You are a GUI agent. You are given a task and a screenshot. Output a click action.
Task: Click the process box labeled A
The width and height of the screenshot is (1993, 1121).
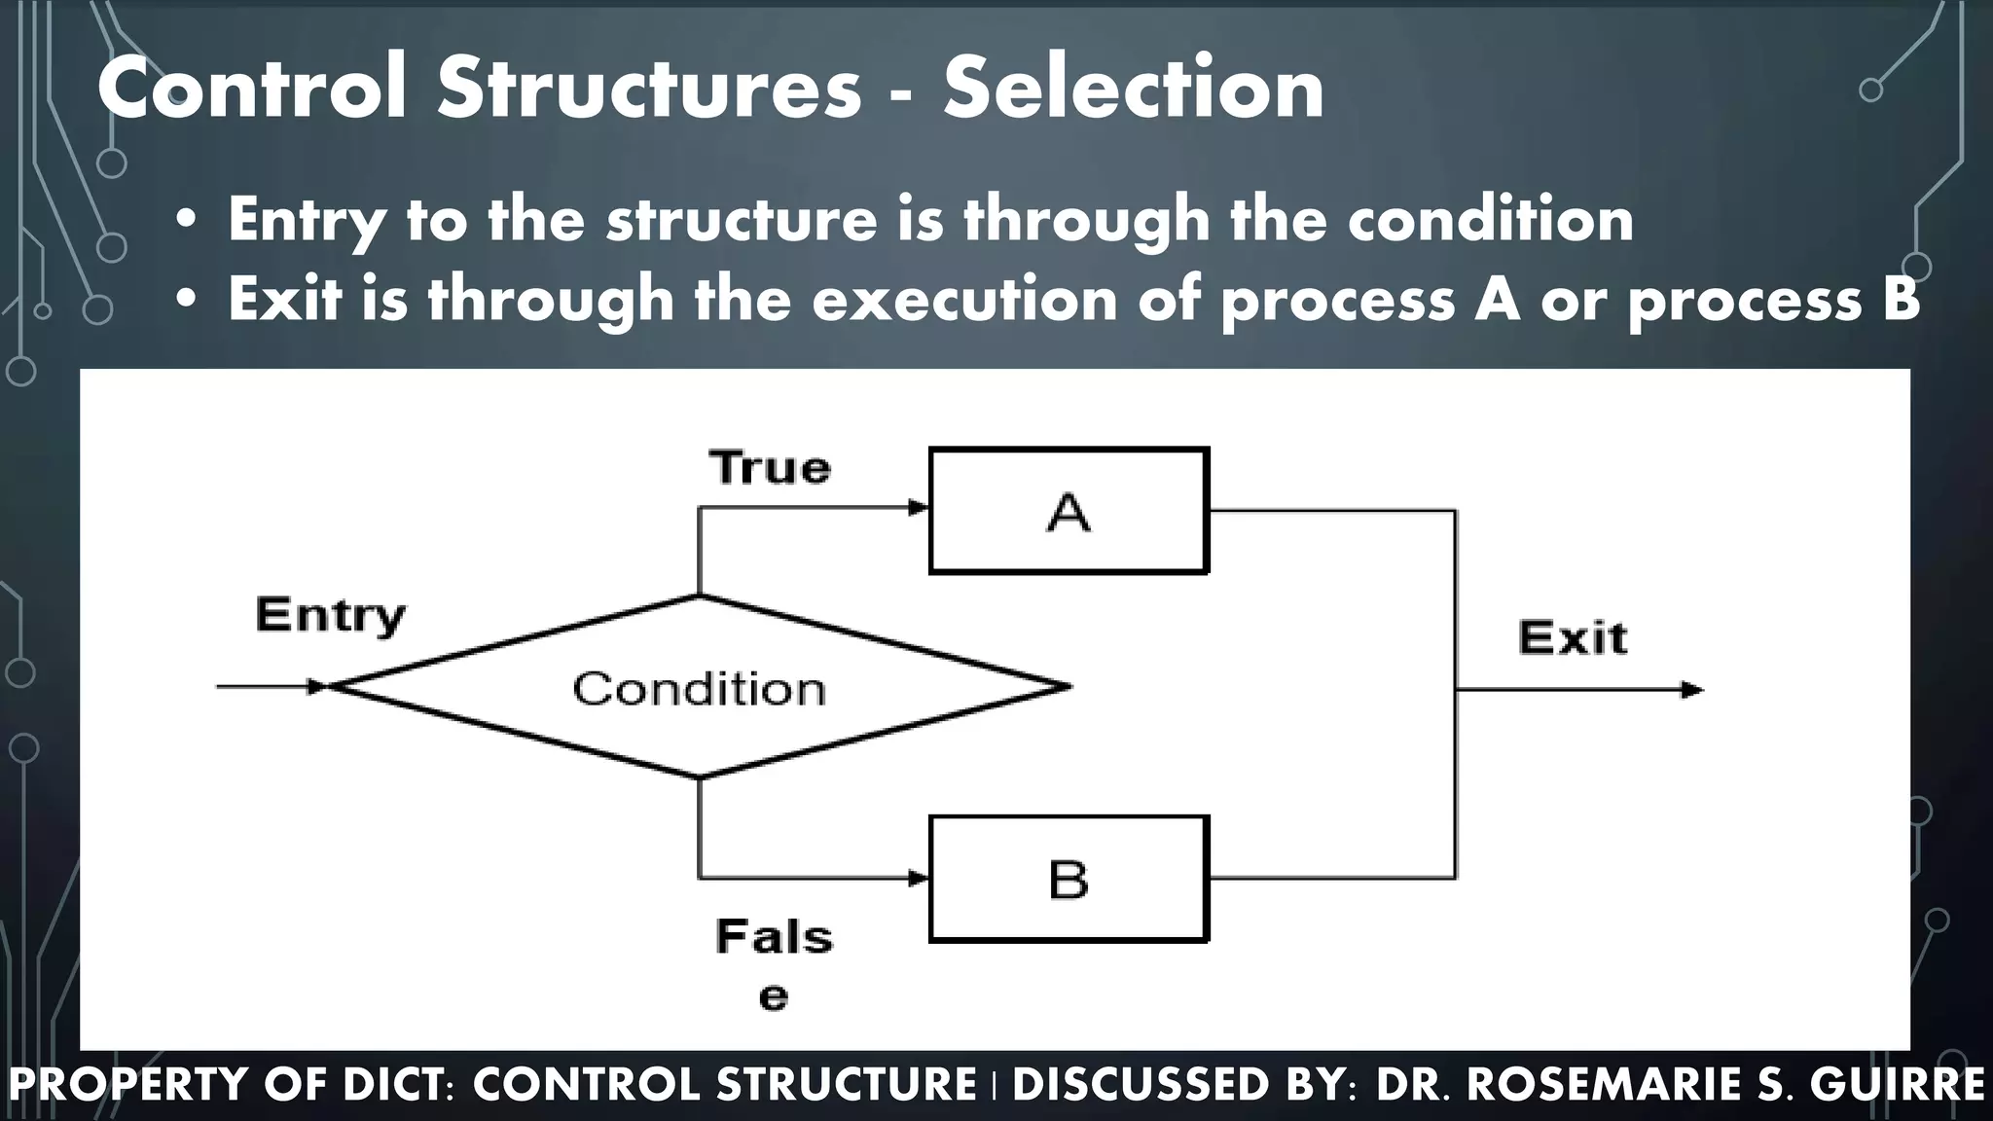click(1069, 511)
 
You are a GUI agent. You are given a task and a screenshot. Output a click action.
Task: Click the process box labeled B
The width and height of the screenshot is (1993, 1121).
click(1069, 879)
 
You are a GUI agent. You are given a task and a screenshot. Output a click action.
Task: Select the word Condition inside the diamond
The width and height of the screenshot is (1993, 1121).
click(699, 689)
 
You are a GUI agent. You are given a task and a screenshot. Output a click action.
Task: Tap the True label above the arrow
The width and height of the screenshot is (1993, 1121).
click(770, 468)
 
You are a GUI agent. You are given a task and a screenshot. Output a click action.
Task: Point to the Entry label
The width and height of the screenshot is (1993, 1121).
click(330, 615)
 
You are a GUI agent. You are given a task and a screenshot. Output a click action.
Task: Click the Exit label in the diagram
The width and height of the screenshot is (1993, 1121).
click(1572, 638)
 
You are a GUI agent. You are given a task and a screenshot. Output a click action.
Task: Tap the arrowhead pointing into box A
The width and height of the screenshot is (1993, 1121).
click(918, 508)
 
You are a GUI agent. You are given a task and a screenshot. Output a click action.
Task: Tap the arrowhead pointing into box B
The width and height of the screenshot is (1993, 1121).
click(918, 879)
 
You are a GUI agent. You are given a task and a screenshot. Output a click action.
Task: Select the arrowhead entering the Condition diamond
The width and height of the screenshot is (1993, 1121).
click(317, 687)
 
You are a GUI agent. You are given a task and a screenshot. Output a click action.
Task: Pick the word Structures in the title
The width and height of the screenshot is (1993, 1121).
click(649, 89)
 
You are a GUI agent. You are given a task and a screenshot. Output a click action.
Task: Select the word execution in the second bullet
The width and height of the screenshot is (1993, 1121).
click(964, 299)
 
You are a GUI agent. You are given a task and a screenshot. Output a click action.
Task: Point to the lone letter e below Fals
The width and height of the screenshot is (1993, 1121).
click(773, 997)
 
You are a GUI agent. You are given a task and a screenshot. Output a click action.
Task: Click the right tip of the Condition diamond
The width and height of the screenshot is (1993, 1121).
click(1068, 687)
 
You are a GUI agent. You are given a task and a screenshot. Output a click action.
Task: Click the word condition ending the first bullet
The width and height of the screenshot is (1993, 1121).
click(1490, 219)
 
